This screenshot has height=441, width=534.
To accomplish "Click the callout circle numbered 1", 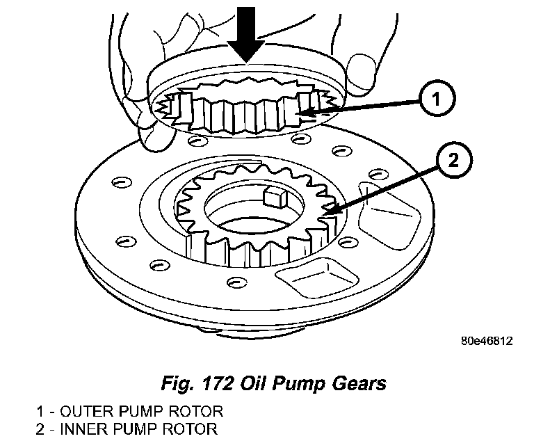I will pyautogui.click(x=434, y=100).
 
